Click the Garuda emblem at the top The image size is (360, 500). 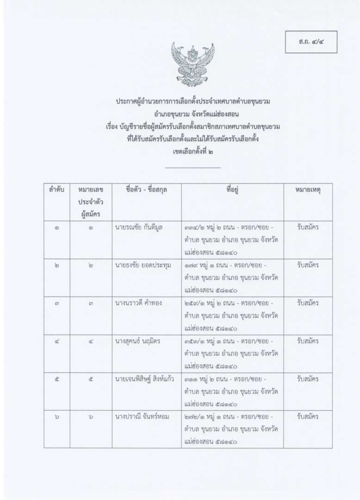pyautogui.click(x=192, y=64)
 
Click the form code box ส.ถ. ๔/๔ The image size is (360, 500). pyautogui.click(x=310, y=42)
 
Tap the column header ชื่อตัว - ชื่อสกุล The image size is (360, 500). pyautogui.click(x=146, y=190)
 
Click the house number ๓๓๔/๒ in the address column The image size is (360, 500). pyautogui.click(x=195, y=227)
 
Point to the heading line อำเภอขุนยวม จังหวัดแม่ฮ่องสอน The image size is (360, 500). pyautogui.click(x=192, y=113)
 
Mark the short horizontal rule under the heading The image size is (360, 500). pyautogui.click(x=192, y=168)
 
